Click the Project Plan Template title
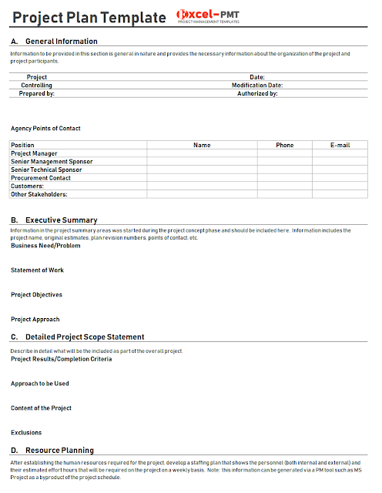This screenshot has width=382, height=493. (x=89, y=18)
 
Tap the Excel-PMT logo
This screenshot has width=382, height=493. (x=209, y=16)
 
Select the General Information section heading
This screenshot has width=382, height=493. (x=61, y=41)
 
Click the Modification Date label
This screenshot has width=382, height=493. (x=257, y=85)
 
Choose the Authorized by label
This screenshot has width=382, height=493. (x=257, y=92)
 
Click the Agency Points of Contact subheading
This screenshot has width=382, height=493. (x=45, y=129)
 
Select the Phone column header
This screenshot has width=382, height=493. (x=285, y=145)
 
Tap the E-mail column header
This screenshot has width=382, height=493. (x=340, y=145)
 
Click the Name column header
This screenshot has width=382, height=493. (x=202, y=145)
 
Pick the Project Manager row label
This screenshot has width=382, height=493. (x=34, y=153)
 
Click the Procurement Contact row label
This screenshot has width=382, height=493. (x=40, y=178)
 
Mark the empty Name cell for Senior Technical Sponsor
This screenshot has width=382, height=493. (x=202, y=169)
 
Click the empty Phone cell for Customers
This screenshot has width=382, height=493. (x=285, y=186)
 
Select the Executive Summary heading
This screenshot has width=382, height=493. (x=61, y=220)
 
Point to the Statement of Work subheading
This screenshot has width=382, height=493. (x=38, y=270)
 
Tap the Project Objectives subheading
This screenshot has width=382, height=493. (x=36, y=295)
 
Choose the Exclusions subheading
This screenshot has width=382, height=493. (x=26, y=432)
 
